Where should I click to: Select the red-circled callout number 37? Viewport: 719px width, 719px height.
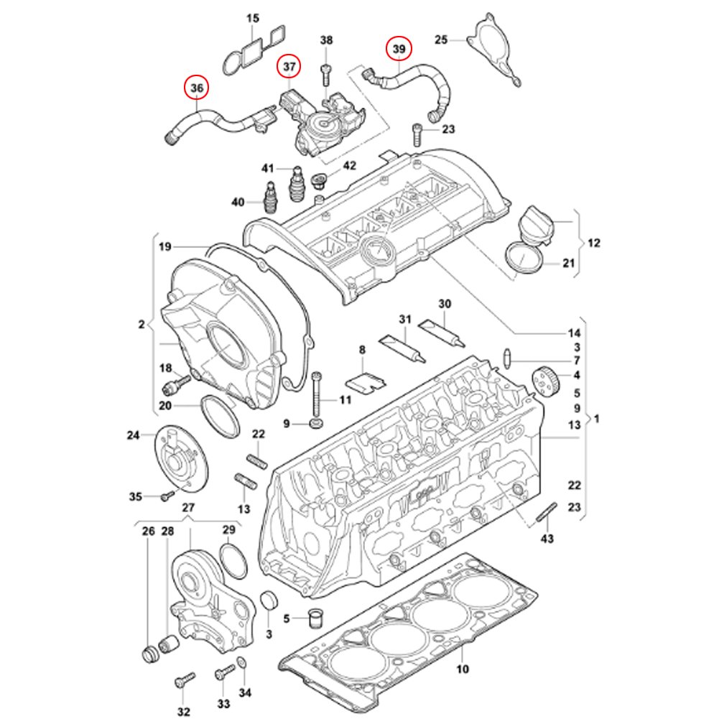[289, 66]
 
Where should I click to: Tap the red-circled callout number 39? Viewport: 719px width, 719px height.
[399, 49]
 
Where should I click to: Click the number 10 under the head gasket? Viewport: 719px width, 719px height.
[463, 669]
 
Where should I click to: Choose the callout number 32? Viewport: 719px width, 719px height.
[183, 712]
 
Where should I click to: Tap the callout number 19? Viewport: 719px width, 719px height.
[165, 247]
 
